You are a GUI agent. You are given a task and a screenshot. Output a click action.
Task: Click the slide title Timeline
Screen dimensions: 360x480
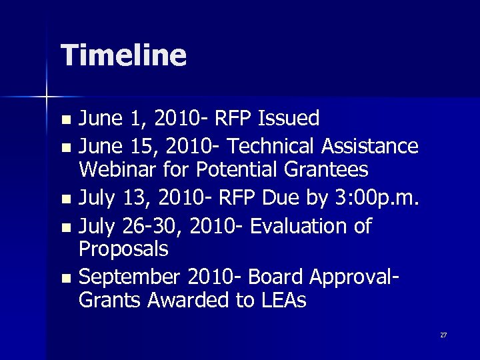(123, 55)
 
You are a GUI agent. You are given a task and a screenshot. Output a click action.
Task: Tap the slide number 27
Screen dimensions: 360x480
(443, 335)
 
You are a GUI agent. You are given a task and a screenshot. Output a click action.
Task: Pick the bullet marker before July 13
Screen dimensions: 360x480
(65, 199)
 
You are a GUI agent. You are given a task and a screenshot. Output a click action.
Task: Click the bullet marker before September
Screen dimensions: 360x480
(65, 278)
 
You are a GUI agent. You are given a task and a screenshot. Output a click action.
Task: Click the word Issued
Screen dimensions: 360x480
(289, 119)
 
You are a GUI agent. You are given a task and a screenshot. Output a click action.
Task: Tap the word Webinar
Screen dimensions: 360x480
(117, 170)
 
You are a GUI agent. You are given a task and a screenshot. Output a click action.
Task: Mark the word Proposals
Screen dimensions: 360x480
(123, 250)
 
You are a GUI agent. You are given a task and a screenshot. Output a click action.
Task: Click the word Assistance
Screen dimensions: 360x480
(374, 145)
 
